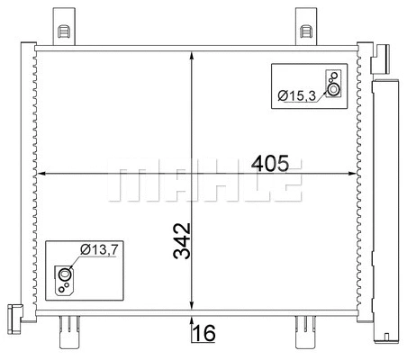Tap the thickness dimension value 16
tap(204, 334)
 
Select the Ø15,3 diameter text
tap(297, 94)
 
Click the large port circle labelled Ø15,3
tap(334, 89)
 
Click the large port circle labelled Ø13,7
tap(65, 274)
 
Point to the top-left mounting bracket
tap(64, 25)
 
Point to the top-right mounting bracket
tap(305, 25)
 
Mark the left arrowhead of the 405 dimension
tap(40, 174)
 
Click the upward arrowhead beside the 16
tap(191, 322)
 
